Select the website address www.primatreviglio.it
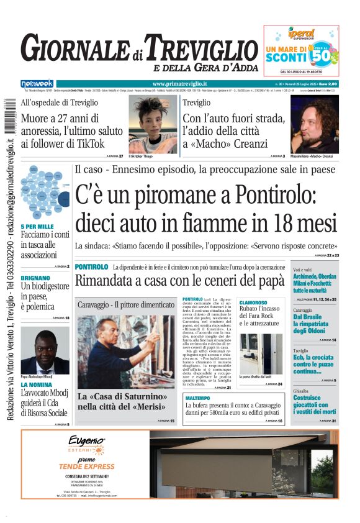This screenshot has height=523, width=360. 179,84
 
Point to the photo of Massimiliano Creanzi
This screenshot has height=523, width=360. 314,125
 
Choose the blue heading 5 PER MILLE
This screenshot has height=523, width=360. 37,227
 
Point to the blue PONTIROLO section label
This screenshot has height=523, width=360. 91,267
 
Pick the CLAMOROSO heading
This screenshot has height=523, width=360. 253,303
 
